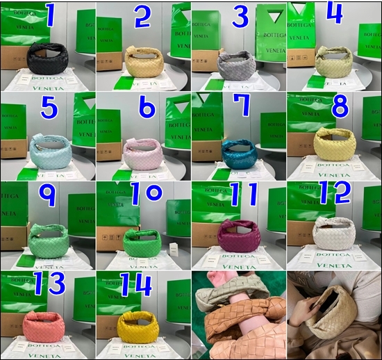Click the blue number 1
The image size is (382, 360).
(50, 15)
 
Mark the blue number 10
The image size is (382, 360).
(145, 194)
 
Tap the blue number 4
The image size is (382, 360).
(334, 14)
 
